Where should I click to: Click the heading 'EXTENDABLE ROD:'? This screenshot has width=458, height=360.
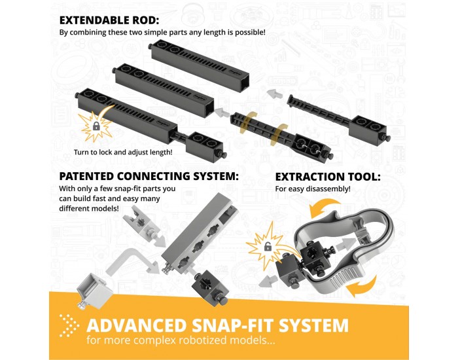109,20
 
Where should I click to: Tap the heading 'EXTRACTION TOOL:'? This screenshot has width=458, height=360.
328,177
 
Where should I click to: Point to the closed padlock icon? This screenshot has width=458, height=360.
96,126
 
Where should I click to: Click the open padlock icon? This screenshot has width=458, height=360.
268,247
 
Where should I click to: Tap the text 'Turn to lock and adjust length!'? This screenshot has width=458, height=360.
123,153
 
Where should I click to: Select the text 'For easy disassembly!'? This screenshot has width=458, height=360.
313,189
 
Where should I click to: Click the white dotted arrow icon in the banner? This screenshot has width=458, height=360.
69,326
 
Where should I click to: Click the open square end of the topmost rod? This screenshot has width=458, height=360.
245,82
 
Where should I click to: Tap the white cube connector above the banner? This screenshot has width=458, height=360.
94,291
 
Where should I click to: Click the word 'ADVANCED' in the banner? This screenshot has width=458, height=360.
136,325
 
